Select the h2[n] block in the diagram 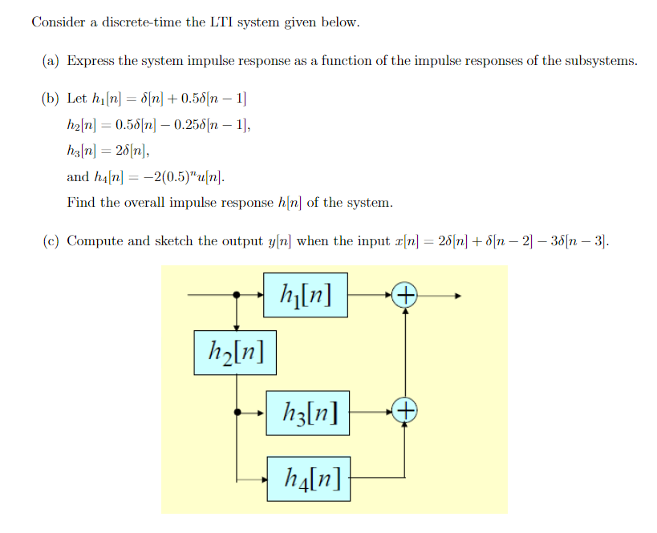click(235, 351)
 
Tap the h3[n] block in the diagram click(308, 413)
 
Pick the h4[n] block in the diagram click(308, 479)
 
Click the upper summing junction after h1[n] click(405, 296)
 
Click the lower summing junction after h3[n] click(405, 412)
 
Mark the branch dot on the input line click(237, 296)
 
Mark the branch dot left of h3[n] click(237, 412)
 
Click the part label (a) click(51, 61)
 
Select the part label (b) click(51, 99)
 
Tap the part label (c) click(51, 240)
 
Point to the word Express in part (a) click(91, 61)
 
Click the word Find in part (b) click(81, 202)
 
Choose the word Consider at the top click(58, 22)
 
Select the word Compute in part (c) click(94, 240)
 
